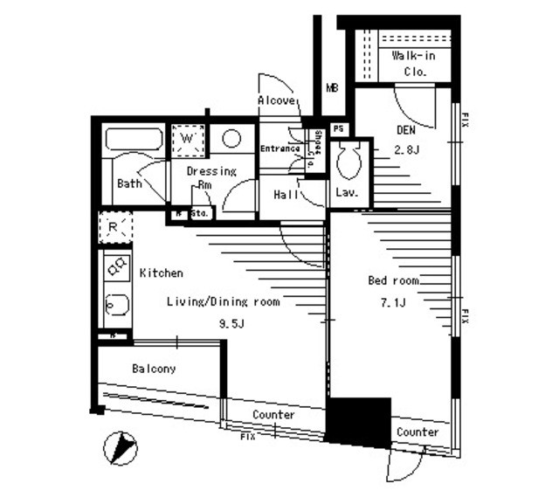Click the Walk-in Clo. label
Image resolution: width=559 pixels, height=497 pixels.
[410, 63]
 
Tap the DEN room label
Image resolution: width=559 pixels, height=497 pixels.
[405, 131]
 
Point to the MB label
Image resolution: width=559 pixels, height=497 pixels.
[332, 88]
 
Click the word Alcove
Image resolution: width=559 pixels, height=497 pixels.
[276, 101]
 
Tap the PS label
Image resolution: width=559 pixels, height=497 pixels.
[339, 129]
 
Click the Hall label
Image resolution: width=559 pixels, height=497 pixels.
[286, 194]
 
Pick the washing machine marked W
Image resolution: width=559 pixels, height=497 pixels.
[188, 139]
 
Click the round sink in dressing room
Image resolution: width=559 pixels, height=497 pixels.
[231, 138]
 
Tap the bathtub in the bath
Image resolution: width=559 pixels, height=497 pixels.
[133, 140]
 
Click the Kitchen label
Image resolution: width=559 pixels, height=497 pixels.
[162, 273]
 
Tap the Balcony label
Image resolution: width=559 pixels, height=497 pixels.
[154, 369]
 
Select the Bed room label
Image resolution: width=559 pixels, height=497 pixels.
[392, 281]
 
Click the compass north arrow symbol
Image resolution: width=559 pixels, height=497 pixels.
[121, 448]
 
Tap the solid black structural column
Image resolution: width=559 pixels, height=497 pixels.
[358, 422]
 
